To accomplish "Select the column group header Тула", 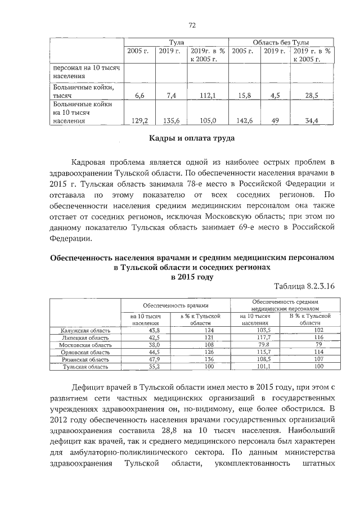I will pos(176,43).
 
